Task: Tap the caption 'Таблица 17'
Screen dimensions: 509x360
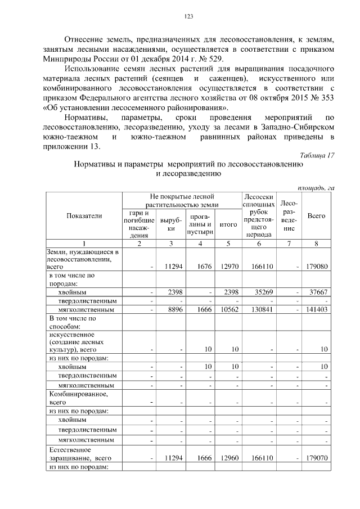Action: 316,155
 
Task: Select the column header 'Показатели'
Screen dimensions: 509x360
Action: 84,216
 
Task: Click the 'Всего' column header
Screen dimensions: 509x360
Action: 317,216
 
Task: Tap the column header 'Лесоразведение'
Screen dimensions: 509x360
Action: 289,216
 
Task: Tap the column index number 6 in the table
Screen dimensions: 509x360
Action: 259,243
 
